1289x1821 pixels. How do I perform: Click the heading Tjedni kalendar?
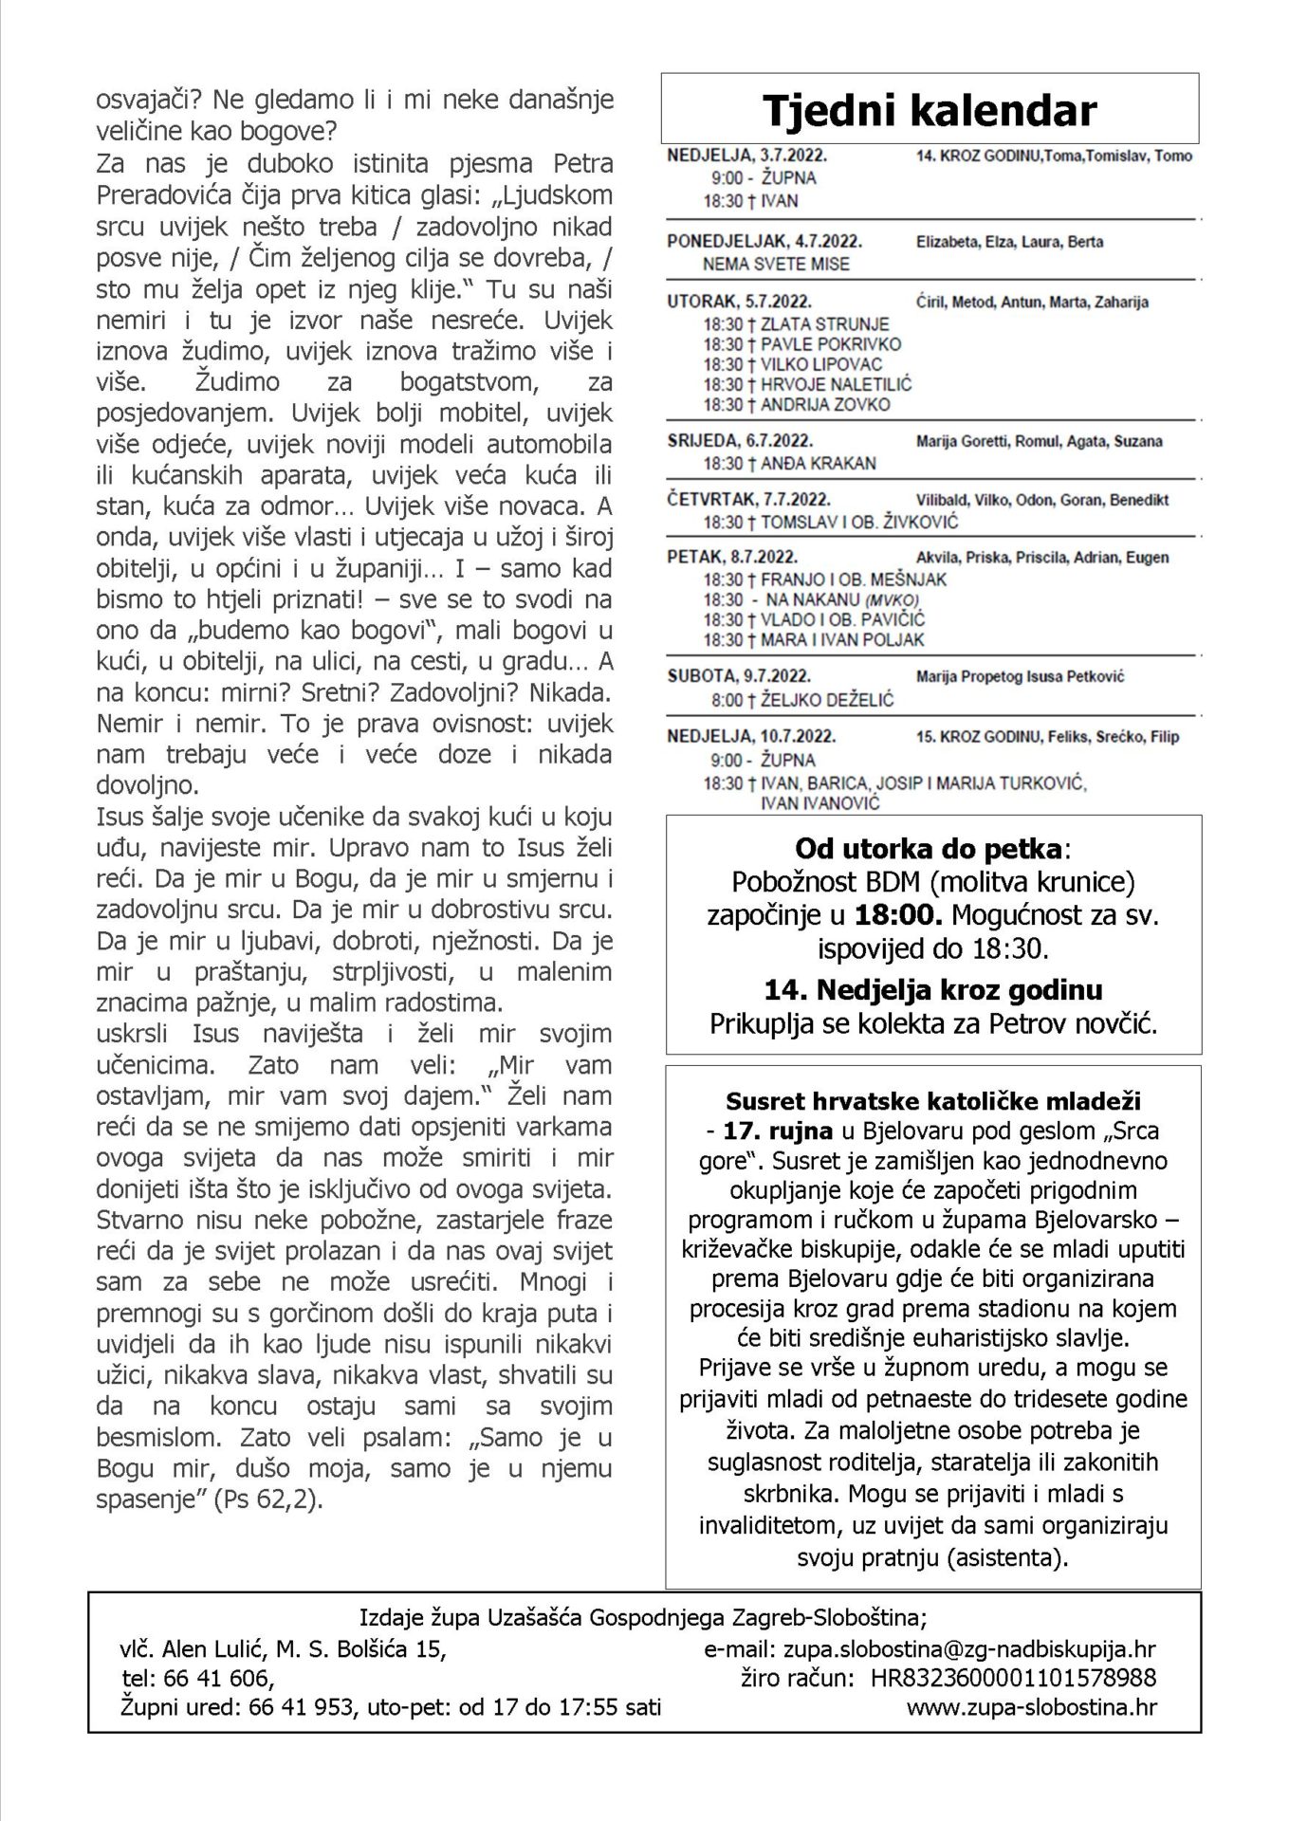pos(930,111)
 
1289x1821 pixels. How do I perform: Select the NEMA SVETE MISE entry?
pos(776,265)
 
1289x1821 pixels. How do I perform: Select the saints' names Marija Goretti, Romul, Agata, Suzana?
pos(1040,441)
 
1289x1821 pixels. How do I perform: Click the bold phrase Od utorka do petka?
pos(929,847)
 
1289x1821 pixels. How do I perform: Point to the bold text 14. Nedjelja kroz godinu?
pos(933,991)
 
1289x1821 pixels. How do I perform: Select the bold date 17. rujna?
pos(778,1131)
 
